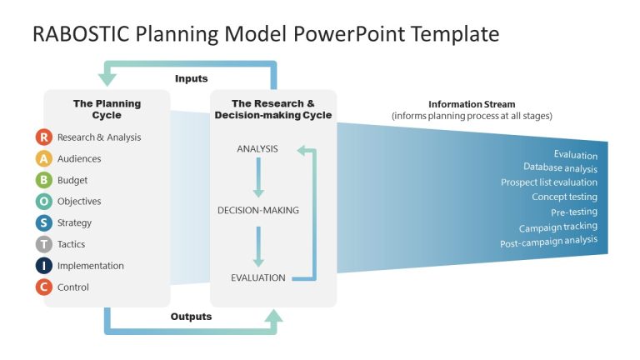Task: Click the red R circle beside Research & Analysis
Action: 44,137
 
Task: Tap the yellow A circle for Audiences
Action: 44,158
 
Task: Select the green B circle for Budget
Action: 44,180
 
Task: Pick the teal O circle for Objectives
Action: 44,202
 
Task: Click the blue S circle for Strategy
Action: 44,222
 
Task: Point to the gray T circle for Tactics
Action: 44,244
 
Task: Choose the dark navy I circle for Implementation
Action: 44,266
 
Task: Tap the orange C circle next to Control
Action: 44,287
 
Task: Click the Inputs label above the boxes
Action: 191,78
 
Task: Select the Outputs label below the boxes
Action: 191,317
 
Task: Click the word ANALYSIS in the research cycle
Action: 257,149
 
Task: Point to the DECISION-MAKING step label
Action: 257,210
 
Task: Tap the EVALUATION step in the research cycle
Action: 258,277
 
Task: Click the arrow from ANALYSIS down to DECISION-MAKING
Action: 258,178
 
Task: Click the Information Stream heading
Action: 472,104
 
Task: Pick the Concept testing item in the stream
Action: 564,197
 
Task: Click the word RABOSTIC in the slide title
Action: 77,34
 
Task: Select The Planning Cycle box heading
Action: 107,109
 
